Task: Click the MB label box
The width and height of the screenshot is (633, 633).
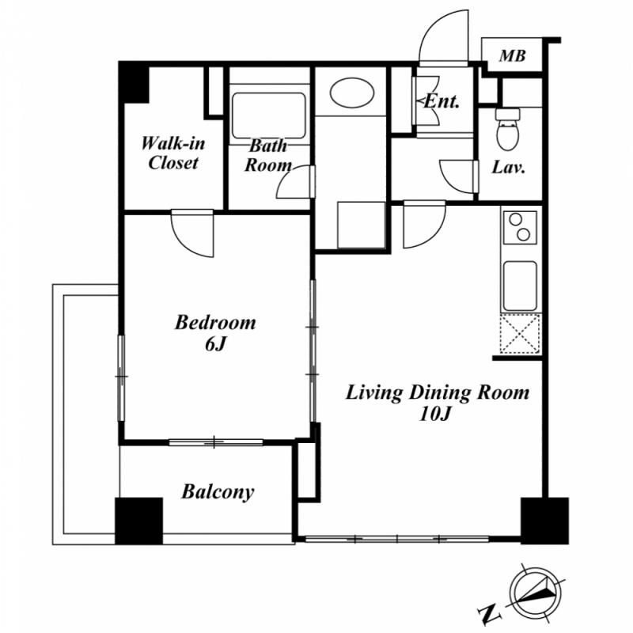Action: (x=512, y=55)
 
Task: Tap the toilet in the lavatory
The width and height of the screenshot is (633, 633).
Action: (x=507, y=129)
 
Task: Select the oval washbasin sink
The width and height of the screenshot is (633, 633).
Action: (x=351, y=93)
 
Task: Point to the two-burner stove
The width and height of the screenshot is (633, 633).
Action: (x=520, y=227)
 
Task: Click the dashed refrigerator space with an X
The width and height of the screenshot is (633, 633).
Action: (x=520, y=334)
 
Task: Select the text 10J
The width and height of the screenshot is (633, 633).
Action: (x=434, y=414)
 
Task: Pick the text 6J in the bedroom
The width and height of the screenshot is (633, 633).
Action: (x=214, y=344)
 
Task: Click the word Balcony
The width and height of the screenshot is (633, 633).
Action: (x=218, y=492)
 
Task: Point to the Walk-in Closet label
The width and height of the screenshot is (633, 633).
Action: (x=172, y=153)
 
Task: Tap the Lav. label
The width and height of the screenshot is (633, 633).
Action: (x=508, y=167)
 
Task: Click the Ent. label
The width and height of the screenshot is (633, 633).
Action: (x=442, y=101)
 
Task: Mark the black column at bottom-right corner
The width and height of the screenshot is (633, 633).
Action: (x=544, y=521)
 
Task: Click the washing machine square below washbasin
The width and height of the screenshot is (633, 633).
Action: (x=361, y=225)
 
